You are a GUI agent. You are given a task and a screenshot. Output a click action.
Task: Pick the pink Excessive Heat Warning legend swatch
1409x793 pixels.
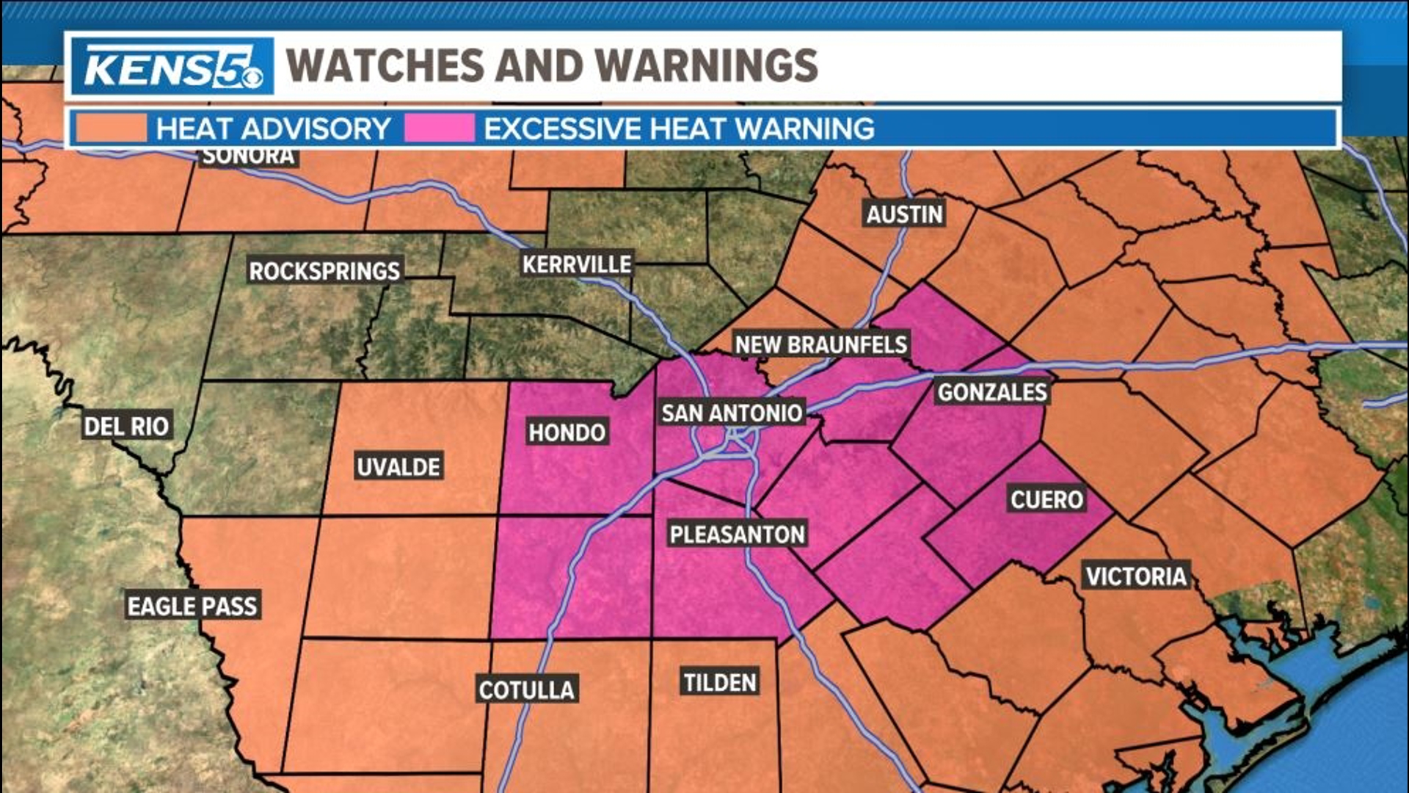440,128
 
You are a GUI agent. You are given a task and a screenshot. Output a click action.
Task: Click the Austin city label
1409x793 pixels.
904,214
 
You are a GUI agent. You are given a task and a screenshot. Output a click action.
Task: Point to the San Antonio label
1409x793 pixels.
732,413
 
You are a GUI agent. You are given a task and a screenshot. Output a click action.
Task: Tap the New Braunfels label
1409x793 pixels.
821,344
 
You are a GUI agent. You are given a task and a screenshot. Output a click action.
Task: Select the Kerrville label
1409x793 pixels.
577,264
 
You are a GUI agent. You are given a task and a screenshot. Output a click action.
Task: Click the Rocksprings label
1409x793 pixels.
324,271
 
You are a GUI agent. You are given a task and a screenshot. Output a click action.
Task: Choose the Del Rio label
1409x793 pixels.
126,426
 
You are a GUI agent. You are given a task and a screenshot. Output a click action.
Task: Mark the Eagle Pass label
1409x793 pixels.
192,606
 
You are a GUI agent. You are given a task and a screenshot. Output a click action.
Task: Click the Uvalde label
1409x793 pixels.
398,466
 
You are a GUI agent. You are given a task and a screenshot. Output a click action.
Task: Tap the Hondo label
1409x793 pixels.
567,432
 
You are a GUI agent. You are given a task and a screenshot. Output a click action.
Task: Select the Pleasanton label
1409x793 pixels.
738,534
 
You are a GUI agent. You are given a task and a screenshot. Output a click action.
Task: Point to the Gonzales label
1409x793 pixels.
992,392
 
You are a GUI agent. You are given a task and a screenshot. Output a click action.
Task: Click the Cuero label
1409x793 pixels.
1046,499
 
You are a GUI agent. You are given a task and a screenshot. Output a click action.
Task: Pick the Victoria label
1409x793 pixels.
1136,576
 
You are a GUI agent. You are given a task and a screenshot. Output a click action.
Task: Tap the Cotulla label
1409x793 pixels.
526,689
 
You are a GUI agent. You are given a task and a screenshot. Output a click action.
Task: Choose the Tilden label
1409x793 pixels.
720,682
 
